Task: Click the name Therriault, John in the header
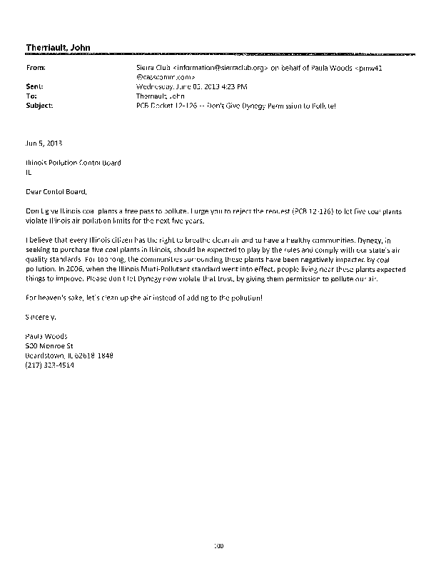[57, 48]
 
